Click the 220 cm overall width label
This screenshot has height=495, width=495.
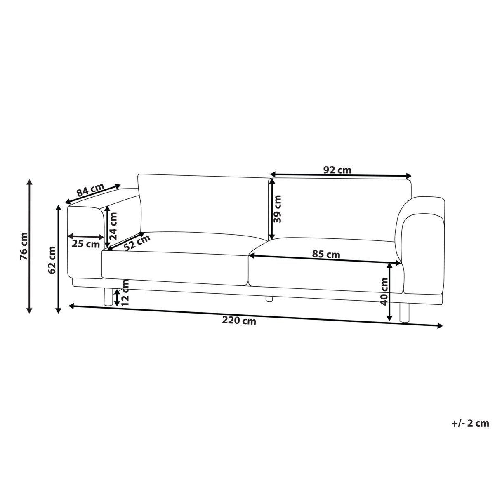click(239, 321)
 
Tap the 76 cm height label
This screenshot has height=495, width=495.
click(24, 246)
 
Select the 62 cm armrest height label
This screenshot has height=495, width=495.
click(52, 260)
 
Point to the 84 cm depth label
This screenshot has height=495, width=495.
click(91, 190)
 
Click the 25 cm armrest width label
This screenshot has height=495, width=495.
click(86, 244)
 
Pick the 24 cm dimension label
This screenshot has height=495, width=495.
click(113, 226)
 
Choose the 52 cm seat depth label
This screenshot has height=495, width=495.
click(137, 243)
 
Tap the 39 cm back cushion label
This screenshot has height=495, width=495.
click(278, 209)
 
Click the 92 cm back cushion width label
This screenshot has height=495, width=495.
click(337, 170)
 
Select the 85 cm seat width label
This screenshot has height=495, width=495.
click(326, 255)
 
